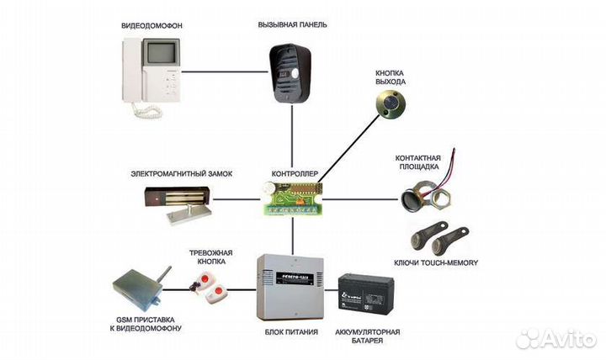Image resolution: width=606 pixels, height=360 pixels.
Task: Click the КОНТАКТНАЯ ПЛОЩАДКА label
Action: coord(419,163)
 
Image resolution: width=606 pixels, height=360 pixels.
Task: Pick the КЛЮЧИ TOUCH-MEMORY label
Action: coord(436,262)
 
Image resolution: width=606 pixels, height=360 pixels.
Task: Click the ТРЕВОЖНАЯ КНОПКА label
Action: coord(211,257)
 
